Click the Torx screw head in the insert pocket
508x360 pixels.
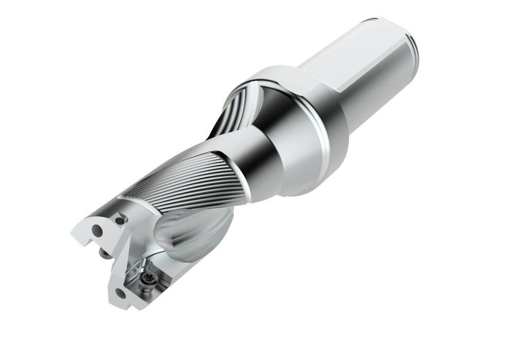[147, 278]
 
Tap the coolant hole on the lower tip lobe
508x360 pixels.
[121, 294]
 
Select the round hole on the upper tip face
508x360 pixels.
[97, 231]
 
